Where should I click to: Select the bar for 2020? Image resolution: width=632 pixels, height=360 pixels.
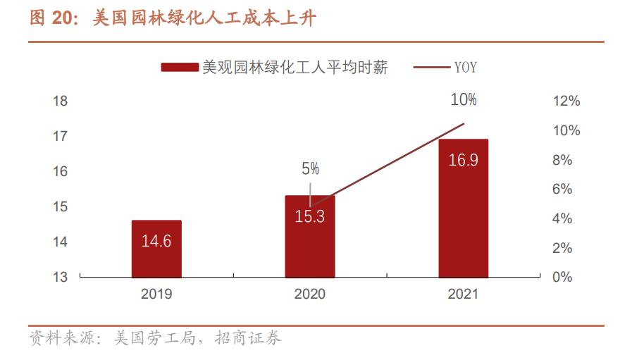[309, 237]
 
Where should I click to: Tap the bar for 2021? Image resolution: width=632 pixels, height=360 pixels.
[463, 208]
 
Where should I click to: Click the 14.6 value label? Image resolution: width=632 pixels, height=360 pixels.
[156, 242]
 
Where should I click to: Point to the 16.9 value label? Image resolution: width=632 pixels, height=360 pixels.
[463, 160]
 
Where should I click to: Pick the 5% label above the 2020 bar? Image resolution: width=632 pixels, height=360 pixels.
[310, 169]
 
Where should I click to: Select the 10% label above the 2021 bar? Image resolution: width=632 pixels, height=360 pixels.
[464, 100]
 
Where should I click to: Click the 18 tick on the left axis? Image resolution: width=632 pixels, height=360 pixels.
[61, 101]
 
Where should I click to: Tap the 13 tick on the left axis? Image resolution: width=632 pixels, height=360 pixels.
[61, 277]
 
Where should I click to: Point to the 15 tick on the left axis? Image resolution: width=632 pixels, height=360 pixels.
[61, 206]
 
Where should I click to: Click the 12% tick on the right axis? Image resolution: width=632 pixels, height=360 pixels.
[566, 101]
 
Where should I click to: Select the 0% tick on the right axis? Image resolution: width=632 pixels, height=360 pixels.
[562, 277]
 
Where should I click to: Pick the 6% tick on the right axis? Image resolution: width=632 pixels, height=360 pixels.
[562, 189]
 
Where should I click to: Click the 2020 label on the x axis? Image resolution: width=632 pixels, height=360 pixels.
[309, 294]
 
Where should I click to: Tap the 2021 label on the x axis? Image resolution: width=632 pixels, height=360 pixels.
[463, 294]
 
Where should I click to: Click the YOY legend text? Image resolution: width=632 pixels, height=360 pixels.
[465, 68]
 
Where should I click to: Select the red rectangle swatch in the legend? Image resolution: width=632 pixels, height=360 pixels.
[179, 68]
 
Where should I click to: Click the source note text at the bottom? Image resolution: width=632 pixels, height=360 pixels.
[155, 339]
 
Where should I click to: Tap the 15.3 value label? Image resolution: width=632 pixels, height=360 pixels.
[309, 217]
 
